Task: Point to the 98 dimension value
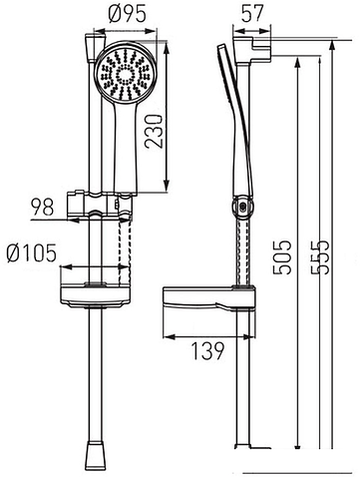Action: coord(42,207)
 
